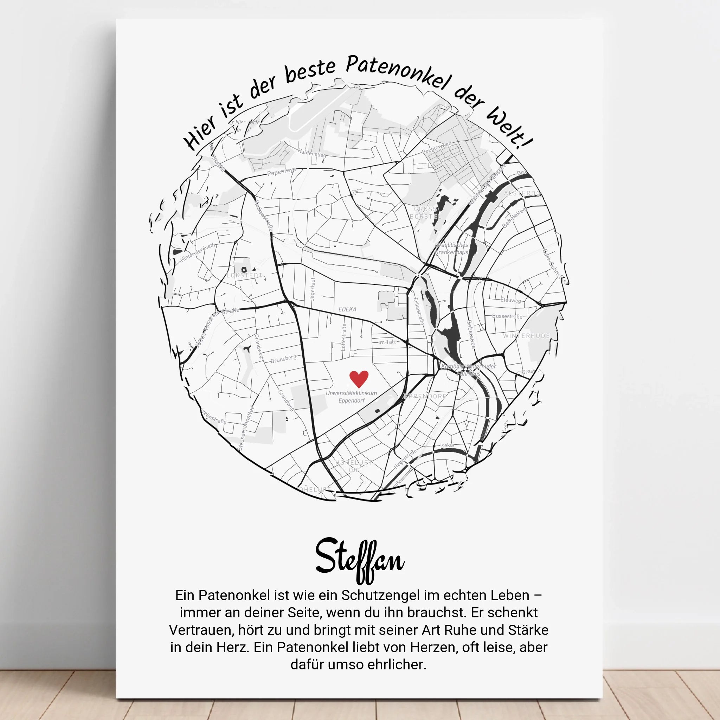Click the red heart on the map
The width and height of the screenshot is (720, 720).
(359, 379)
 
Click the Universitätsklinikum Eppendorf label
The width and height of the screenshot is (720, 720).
(351, 397)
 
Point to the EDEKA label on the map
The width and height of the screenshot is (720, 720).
(347, 309)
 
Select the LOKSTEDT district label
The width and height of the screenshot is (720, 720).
(244, 275)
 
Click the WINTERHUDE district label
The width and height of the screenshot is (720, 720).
(526, 336)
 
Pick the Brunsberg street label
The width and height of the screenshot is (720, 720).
(284, 359)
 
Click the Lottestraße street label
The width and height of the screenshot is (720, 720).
(343, 337)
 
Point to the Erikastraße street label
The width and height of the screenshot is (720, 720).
(418, 311)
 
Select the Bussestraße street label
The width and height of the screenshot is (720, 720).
(507, 316)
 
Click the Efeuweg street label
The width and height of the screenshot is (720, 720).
(510, 300)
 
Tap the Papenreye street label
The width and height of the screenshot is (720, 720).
(281, 172)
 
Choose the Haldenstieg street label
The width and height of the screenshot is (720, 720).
(312, 153)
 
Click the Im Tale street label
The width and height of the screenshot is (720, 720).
(387, 342)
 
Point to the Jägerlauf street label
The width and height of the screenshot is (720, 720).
(312, 289)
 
